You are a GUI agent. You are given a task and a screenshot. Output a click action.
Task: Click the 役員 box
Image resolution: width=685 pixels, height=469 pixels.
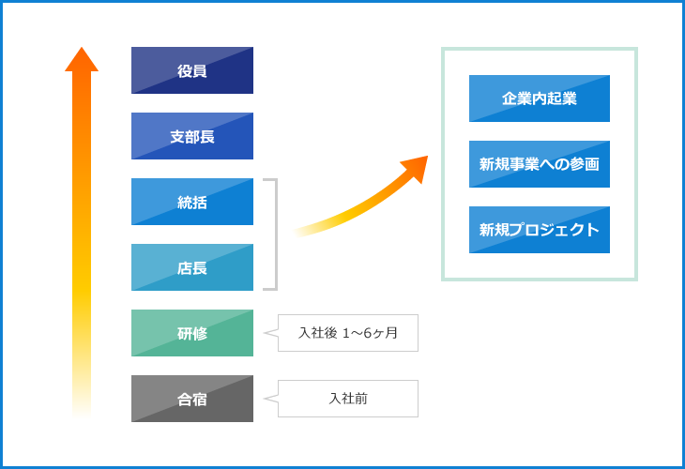192,70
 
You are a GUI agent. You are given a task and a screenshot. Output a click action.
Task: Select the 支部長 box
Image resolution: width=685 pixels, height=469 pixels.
192,136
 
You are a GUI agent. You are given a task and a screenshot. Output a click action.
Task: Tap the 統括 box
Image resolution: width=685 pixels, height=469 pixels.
192,202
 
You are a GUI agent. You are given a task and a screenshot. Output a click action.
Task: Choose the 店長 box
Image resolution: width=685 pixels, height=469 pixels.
192,267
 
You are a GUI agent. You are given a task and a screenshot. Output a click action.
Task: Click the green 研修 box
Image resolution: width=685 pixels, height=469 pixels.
192,333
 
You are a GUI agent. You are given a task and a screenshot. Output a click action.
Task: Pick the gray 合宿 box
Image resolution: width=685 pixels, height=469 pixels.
192,399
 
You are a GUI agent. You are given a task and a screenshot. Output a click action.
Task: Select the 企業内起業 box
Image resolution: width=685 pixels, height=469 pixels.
540,98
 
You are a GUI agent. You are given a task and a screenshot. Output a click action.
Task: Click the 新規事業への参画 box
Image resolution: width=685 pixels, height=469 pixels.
540,164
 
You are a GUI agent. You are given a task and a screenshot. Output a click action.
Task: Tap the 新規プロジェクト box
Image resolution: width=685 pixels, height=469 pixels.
540,230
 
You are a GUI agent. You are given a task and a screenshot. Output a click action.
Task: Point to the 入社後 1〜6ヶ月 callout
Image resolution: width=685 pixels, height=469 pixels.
348,333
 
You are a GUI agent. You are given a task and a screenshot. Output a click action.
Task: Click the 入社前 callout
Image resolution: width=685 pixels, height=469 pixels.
348,399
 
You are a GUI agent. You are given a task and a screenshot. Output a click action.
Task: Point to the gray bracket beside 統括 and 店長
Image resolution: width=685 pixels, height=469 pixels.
277,234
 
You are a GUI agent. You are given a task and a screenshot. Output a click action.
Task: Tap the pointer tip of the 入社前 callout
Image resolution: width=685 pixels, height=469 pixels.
265,399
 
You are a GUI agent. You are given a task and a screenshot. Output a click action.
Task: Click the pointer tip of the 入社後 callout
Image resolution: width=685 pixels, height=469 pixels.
265,333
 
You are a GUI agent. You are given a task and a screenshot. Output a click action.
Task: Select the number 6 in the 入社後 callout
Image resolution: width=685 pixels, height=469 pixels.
368,333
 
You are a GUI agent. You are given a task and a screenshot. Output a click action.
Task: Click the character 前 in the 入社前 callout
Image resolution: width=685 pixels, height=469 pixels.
361,399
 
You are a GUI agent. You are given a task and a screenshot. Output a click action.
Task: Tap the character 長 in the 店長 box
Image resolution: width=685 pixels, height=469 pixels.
200,268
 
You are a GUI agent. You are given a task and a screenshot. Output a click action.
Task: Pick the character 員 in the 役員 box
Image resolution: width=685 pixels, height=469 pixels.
200,71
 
